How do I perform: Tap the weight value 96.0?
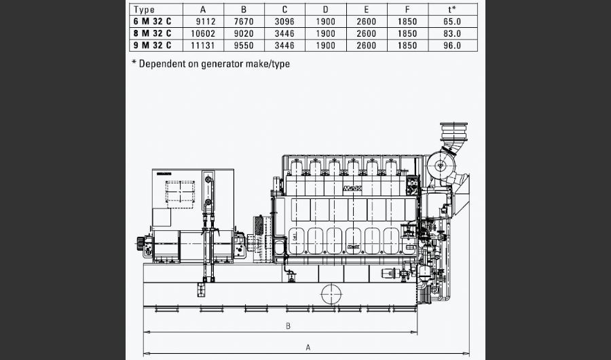point(451,46)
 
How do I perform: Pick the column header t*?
point(451,10)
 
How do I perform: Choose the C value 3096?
point(284,21)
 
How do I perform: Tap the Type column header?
point(144,10)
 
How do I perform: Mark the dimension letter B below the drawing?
point(288,326)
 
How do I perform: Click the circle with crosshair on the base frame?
point(331,293)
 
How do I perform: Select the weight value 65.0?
point(451,21)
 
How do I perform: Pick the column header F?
point(407,10)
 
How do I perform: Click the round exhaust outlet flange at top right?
point(454,130)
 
